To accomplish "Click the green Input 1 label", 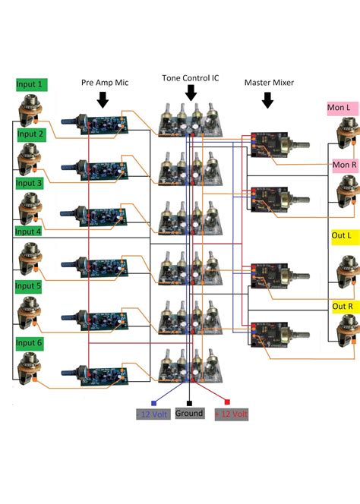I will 30,84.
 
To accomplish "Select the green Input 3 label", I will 30,183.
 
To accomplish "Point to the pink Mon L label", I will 338,109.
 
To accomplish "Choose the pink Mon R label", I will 343,164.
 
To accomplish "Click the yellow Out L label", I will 343,235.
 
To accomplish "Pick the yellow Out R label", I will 343,306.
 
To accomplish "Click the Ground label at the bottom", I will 189,414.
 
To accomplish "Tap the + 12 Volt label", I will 232,414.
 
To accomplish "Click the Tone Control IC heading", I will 190,78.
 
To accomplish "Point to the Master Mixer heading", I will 269,83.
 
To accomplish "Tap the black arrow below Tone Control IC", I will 191,92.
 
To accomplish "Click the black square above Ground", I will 189,402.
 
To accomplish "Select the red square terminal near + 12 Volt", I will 227,402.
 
